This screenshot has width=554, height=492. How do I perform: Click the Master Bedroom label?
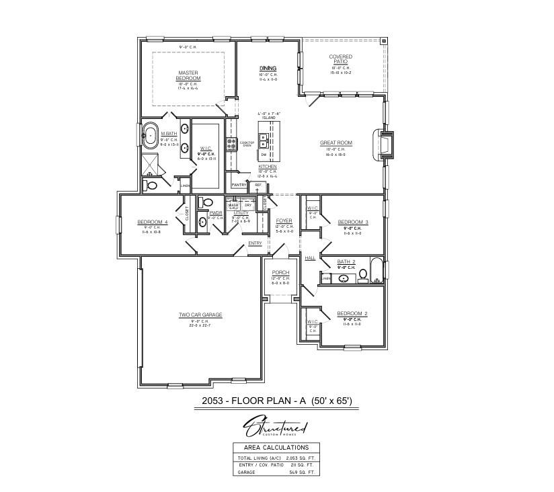pyautogui.click(x=189, y=75)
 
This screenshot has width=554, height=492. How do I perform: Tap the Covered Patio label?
pyautogui.click(x=341, y=59)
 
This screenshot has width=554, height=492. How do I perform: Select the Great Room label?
pyautogui.click(x=336, y=142)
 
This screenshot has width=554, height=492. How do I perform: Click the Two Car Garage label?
pyautogui.click(x=200, y=315)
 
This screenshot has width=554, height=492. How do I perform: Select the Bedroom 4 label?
pyautogui.click(x=153, y=222)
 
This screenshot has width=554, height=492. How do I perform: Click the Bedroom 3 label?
pyautogui.click(x=353, y=222)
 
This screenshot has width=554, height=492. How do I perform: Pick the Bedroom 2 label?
pyautogui.click(x=352, y=314)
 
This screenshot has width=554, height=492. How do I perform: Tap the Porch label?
pyautogui.click(x=280, y=273)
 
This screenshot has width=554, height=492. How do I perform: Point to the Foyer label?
pyautogui.click(x=284, y=220)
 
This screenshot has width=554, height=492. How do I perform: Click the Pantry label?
pyautogui.click(x=238, y=184)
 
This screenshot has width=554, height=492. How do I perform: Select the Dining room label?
pyautogui.click(x=268, y=68)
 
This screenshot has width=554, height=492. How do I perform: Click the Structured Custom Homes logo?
pyautogui.click(x=276, y=427)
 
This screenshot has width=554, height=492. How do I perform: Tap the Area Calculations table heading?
pyautogui.click(x=277, y=447)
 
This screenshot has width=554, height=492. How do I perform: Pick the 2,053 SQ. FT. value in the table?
pyautogui.click(x=296, y=457)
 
